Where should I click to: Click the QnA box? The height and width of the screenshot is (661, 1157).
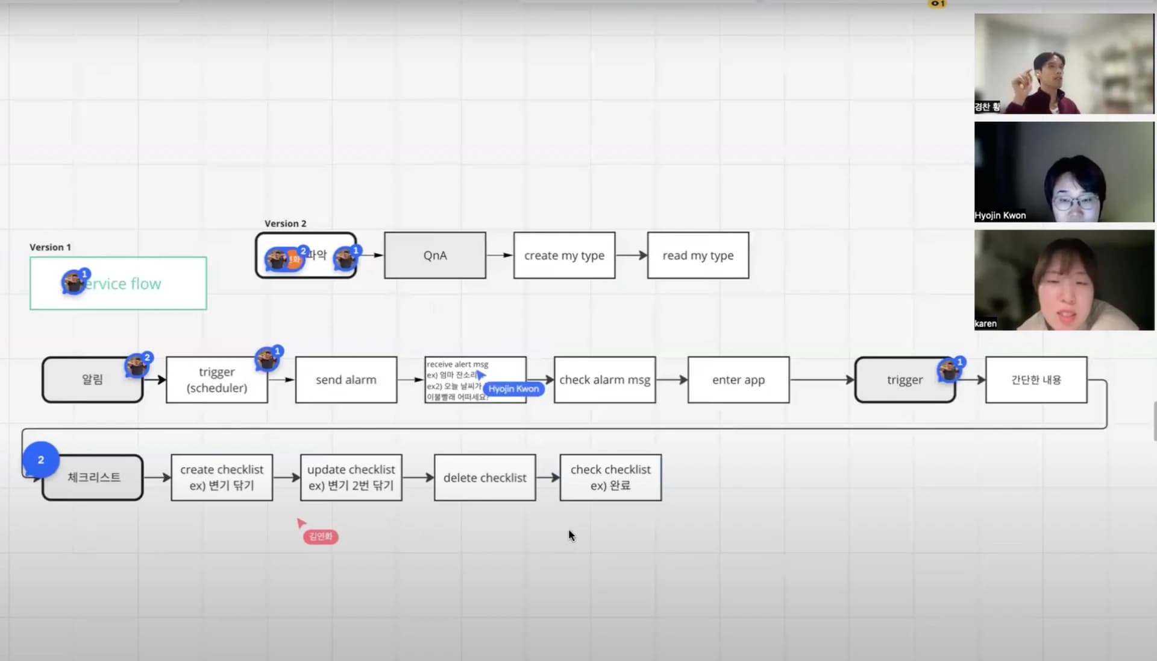pos(434,256)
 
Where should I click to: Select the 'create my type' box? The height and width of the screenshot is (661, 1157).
pos(564,256)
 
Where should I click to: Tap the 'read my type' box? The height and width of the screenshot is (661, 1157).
pos(698,256)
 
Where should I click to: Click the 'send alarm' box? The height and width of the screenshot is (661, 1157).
pos(346,380)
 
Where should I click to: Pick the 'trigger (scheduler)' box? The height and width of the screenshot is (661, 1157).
pos(217,380)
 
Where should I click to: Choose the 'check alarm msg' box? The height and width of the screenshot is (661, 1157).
pos(604,380)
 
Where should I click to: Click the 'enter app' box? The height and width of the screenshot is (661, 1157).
pos(738,380)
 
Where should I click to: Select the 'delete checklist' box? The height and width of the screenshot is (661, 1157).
pos(484,478)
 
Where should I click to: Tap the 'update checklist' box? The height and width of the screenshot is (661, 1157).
pos(351,478)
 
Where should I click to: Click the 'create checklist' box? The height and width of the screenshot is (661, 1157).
pos(222,478)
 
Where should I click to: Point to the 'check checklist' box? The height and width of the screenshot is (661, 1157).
pos(610,478)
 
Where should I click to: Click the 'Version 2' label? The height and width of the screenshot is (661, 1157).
pos(285,224)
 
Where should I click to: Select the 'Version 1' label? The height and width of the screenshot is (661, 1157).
pos(50,247)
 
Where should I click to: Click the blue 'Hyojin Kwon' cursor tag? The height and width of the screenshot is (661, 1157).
pos(513,389)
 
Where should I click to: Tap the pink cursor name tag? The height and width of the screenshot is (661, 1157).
pos(321,537)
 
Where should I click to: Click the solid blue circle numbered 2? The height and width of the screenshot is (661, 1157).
pos(41,460)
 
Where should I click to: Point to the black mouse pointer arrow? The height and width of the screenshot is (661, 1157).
pos(571,535)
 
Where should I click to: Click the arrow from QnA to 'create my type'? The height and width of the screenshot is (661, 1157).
pos(500,255)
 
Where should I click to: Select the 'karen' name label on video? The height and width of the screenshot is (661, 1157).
pos(985,324)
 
